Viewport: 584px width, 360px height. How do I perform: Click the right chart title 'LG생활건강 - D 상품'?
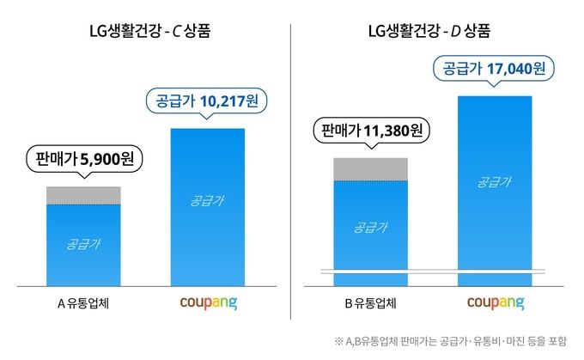(435, 34)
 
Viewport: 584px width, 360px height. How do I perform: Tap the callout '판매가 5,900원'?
(83, 160)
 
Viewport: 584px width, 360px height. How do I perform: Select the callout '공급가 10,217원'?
(207, 101)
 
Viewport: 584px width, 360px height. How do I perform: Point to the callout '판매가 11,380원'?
(370, 131)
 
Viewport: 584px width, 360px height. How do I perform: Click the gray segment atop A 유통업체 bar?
(83, 196)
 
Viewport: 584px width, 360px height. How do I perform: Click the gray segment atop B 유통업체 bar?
(370, 169)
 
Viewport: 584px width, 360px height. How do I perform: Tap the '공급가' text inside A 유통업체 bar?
(83, 243)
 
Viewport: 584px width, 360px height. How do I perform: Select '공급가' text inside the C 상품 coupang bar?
(207, 202)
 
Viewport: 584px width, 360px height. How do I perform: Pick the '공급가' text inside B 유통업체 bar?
(370, 227)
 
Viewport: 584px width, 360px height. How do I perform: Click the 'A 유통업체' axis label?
(83, 302)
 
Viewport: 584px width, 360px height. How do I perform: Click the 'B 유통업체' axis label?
(370, 302)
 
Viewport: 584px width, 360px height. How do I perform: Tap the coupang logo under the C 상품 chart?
(207, 303)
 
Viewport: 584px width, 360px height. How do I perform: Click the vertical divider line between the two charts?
(292, 172)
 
